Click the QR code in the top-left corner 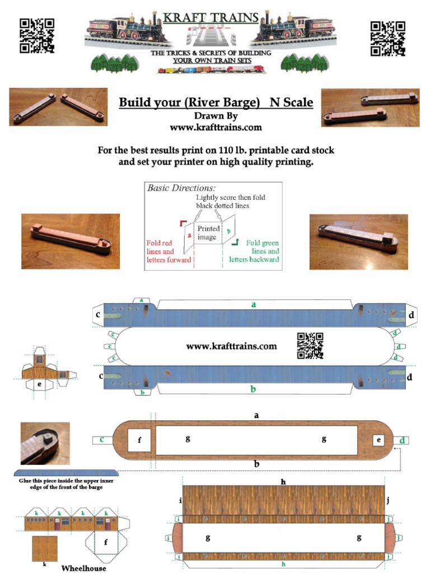[x=37, y=36]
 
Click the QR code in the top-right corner [x=387, y=39]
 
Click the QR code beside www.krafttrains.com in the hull [x=310, y=345]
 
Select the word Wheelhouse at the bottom [x=83, y=568]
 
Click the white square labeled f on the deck [x=139, y=440]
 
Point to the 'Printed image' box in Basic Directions [x=208, y=233]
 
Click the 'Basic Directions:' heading [x=181, y=188]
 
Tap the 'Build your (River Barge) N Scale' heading [x=216, y=103]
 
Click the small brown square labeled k [x=44, y=548]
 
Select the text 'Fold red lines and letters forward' [x=169, y=252]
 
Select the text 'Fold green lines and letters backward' [x=255, y=252]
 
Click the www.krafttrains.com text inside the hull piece [x=231, y=346]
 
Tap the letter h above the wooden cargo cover [x=283, y=481]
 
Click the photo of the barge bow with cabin [x=45, y=443]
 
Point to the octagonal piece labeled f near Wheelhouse [x=106, y=542]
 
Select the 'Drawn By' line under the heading [x=216, y=116]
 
